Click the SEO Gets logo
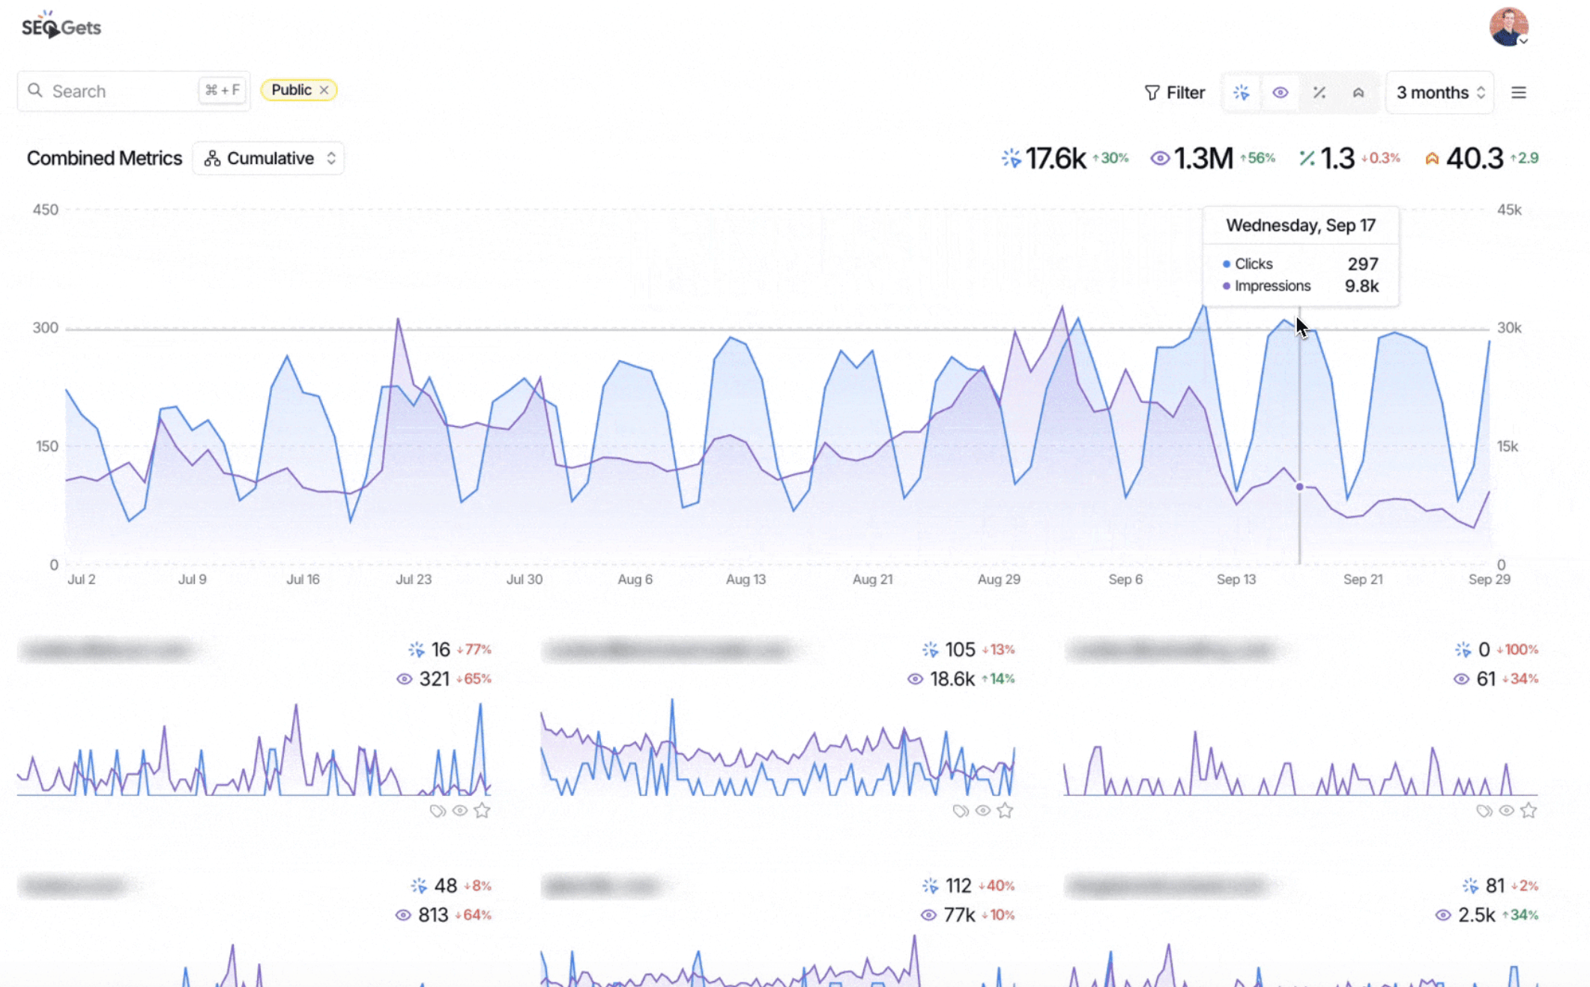tap(61, 27)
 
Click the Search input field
tap(120, 91)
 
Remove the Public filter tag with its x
tap(324, 90)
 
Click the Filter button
tap(1175, 92)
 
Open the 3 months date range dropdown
tap(1439, 92)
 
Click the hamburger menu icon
tap(1519, 92)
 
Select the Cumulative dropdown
tap(269, 158)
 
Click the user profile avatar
tap(1508, 27)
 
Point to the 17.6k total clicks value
tap(1055, 158)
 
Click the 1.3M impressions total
tap(1203, 158)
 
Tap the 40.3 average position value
tap(1474, 158)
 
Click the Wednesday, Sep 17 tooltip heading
tap(1301, 225)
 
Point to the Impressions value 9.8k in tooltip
tap(1361, 286)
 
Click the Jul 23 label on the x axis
tap(414, 579)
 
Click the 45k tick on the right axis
tap(1509, 210)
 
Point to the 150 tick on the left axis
tap(46, 446)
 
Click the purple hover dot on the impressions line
tap(1300, 487)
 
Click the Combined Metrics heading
tap(105, 158)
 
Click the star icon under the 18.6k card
tap(1005, 810)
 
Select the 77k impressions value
tap(958, 915)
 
